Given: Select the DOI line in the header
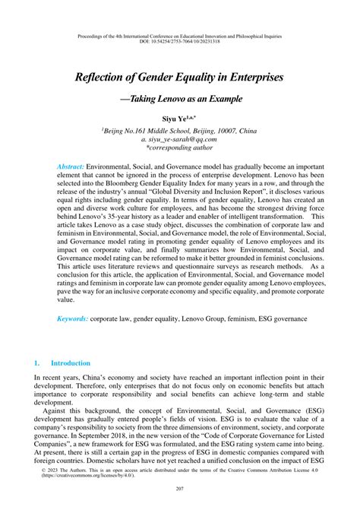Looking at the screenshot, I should click(x=179, y=43).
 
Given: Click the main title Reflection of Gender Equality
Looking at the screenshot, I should click(x=179, y=78).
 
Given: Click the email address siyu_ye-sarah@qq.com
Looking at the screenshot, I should click(x=180, y=141).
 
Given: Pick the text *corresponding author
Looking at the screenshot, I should click(x=180, y=150).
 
